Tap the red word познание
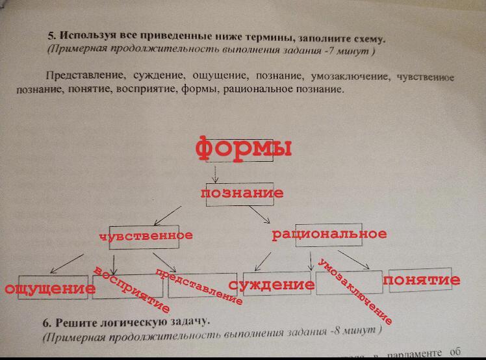[x=242, y=193]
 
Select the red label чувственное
[x=146, y=235]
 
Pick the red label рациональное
[x=329, y=234]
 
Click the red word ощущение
[x=46, y=288]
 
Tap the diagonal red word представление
[x=199, y=287]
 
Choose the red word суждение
[x=272, y=285]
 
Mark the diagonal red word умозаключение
[x=355, y=292]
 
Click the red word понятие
[x=422, y=280]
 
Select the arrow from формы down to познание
[x=216, y=174]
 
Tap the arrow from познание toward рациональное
[x=259, y=216]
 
